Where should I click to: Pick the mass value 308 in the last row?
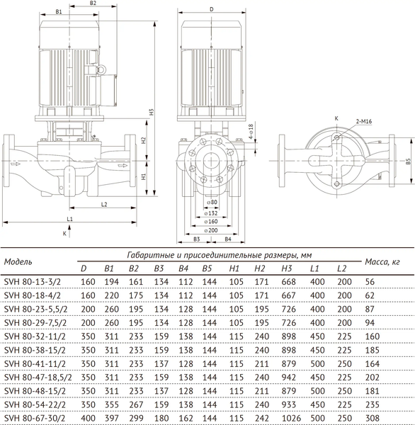point(374,419)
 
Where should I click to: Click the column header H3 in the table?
point(287,268)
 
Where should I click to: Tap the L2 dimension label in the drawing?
point(103,204)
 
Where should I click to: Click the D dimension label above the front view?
point(211,9)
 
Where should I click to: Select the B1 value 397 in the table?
point(109,419)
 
